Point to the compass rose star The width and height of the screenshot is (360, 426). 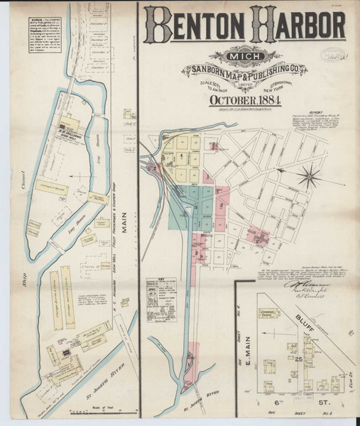[x=310, y=174]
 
